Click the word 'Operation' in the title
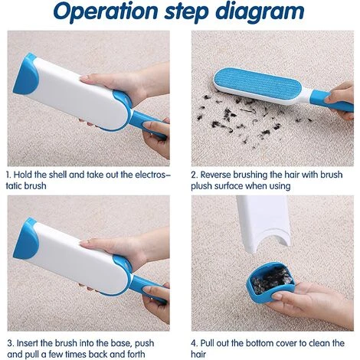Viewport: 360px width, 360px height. click(x=106, y=12)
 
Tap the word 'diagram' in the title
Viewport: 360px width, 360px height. click(x=260, y=12)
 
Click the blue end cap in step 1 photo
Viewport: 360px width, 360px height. click(x=25, y=74)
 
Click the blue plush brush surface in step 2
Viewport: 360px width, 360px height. click(x=257, y=83)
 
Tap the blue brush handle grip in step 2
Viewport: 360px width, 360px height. click(x=332, y=101)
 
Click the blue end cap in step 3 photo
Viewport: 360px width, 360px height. click(x=25, y=239)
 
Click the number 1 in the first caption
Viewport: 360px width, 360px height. click(x=8, y=175)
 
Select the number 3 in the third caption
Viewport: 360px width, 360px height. click(x=11, y=343)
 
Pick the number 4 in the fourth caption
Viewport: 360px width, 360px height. click(x=195, y=343)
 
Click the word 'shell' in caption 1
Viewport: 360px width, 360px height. click(x=57, y=175)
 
